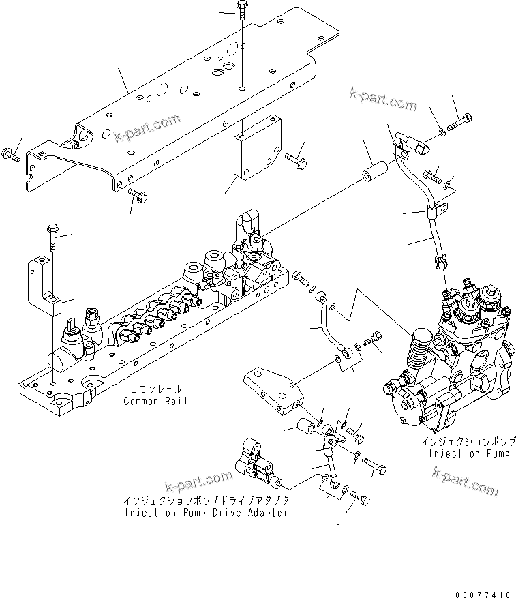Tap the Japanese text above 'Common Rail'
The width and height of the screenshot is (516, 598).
(x=156, y=389)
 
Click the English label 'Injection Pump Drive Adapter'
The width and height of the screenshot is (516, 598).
(x=205, y=513)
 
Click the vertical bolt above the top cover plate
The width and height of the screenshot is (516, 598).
(x=243, y=20)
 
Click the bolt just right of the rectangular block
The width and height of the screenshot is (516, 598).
(x=295, y=160)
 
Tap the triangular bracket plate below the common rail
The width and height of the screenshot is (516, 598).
(x=273, y=391)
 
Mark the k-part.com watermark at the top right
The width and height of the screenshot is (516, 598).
(x=382, y=100)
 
